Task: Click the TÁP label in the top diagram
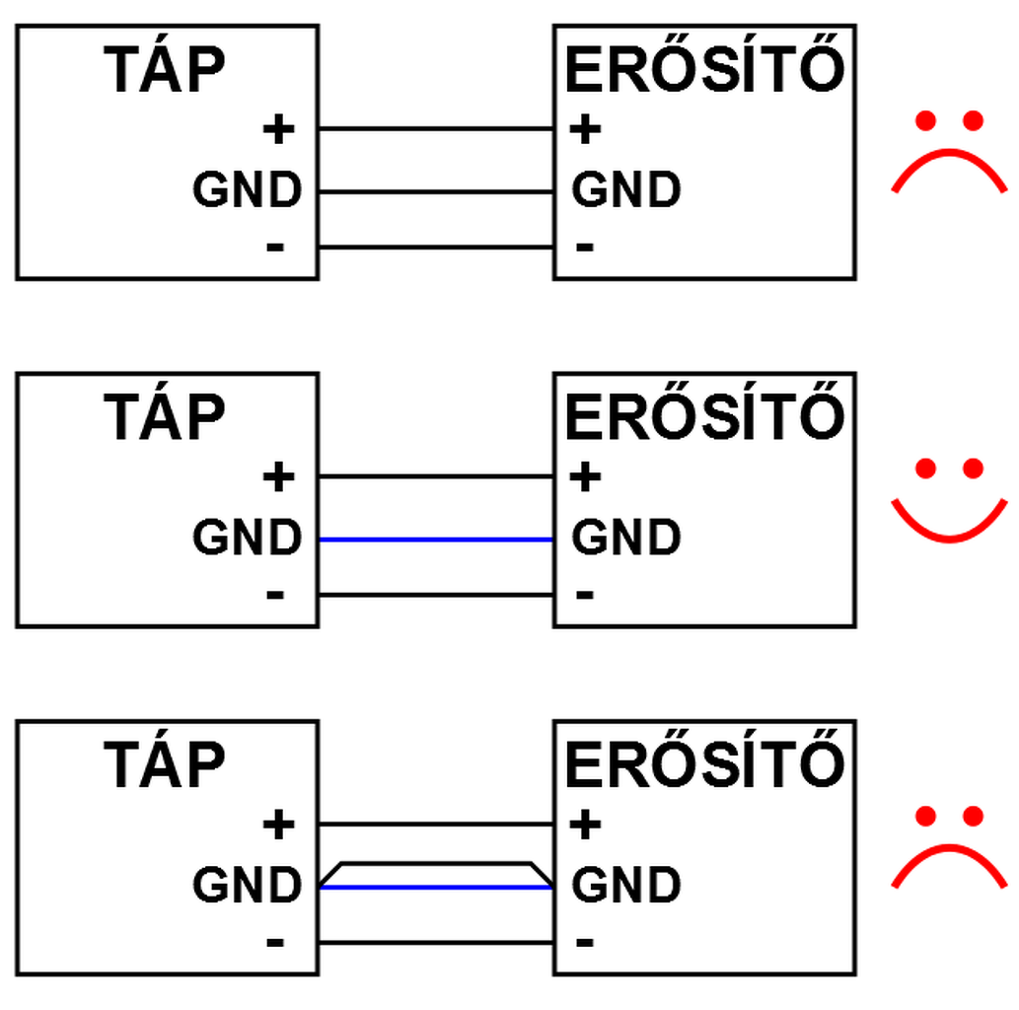pyautogui.click(x=165, y=71)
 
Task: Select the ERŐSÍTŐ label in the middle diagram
pyautogui.click(x=704, y=418)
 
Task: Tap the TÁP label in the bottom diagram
pyautogui.click(x=165, y=765)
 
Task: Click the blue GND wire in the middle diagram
pyautogui.click(x=435, y=540)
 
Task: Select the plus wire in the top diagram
pyautogui.click(x=435, y=128)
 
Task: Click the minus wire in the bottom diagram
pyautogui.click(x=435, y=942)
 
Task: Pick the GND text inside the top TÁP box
pyautogui.click(x=247, y=191)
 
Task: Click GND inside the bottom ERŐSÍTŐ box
pyautogui.click(x=626, y=886)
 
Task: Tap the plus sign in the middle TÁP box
pyautogui.click(x=278, y=477)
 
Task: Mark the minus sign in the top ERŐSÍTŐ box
pyautogui.click(x=584, y=246)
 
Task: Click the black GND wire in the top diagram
pyautogui.click(x=435, y=191)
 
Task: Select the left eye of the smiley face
pyautogui.click(x=925, y=469)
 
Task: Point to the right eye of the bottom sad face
pyautogui.click(x=974, y=817)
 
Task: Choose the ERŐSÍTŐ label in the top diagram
pyautogui.click(x=704, y=71)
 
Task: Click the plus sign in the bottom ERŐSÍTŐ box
pyautogui.click(x=585, y=825)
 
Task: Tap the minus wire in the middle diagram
pyautogui.click(x=435, y=595)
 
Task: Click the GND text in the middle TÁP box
pyautogui.click(x=247, y=539)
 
